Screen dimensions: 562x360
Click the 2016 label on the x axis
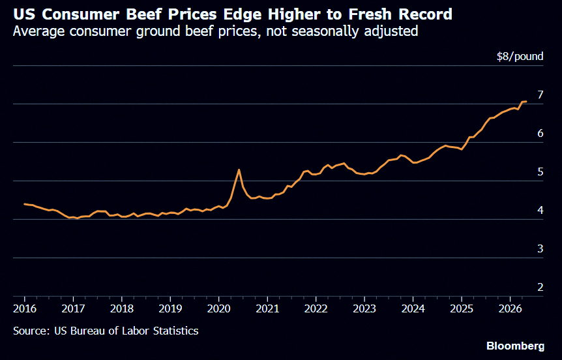[x=25, y=308]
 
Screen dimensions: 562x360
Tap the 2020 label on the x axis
[x=219, y=308]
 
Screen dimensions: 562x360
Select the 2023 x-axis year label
[x=364, y=308]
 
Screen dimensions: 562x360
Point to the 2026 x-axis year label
[x=510, y=308]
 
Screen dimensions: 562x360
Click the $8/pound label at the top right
[x=520, y=56]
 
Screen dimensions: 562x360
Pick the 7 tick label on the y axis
[x=540, y=95]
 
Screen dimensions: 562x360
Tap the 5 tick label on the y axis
[x=540, y=172]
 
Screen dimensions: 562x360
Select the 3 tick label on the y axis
[x=540, y=249]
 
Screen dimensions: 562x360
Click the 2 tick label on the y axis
[x=540, y=287]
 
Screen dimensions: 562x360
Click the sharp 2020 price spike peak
[x=239, y=170]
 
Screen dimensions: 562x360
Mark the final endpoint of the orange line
[x=525, y=102]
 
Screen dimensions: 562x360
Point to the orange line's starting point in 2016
[x=24, y=204]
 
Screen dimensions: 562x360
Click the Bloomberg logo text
[x=516, y=346]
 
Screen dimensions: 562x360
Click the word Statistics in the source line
[x=175, y=331]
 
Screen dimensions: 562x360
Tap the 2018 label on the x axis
[x=122, y=308]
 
